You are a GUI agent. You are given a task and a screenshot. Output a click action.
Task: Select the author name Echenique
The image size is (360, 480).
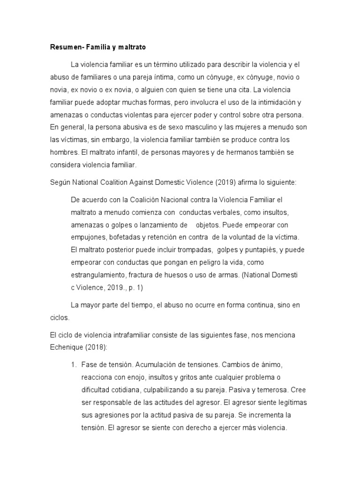69,347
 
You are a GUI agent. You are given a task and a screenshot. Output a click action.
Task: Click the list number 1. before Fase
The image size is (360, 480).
74,364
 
